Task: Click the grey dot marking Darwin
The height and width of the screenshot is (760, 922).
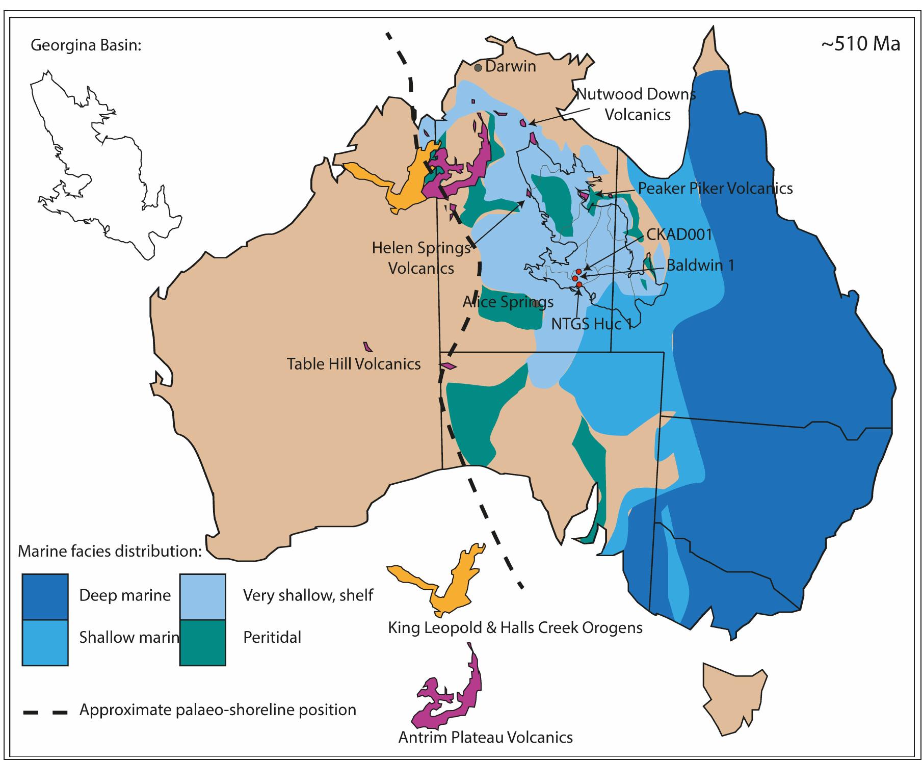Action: tap(478, 67)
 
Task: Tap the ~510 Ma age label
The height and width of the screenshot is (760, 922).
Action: tap(860, 44)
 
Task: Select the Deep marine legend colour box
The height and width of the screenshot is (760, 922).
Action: tap(45, 597)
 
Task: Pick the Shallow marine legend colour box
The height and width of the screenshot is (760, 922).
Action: tap(45, 642)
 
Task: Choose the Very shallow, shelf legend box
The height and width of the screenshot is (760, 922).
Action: tap(202, 597)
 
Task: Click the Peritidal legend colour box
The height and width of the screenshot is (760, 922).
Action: tap(202, 642)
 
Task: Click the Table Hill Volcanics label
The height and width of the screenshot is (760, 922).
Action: tap(354, 364)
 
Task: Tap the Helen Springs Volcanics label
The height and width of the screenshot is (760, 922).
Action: tap(421, 258)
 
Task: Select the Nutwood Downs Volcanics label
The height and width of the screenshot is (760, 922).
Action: tap(637, 104)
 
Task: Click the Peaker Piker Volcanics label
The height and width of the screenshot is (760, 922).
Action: tap(715, 189)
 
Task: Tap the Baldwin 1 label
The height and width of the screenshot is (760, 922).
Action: tap(700, 266)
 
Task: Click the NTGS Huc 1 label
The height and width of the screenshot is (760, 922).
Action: tap(592, 324)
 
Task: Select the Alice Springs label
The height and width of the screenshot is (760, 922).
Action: tap(508, 302)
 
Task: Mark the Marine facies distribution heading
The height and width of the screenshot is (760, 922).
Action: tap(110, 552)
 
